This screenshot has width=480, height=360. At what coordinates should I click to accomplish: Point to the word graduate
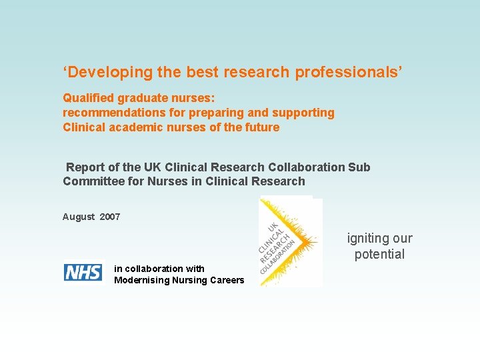pos(139,97)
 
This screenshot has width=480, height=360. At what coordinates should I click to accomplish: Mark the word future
pos(262,127)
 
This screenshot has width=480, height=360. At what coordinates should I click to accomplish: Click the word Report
pos(85,167)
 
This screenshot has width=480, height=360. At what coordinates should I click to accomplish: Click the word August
pos(79,217)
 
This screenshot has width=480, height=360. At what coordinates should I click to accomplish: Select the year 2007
pos(110,217)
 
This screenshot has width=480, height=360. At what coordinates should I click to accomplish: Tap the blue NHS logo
pos(83,273)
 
